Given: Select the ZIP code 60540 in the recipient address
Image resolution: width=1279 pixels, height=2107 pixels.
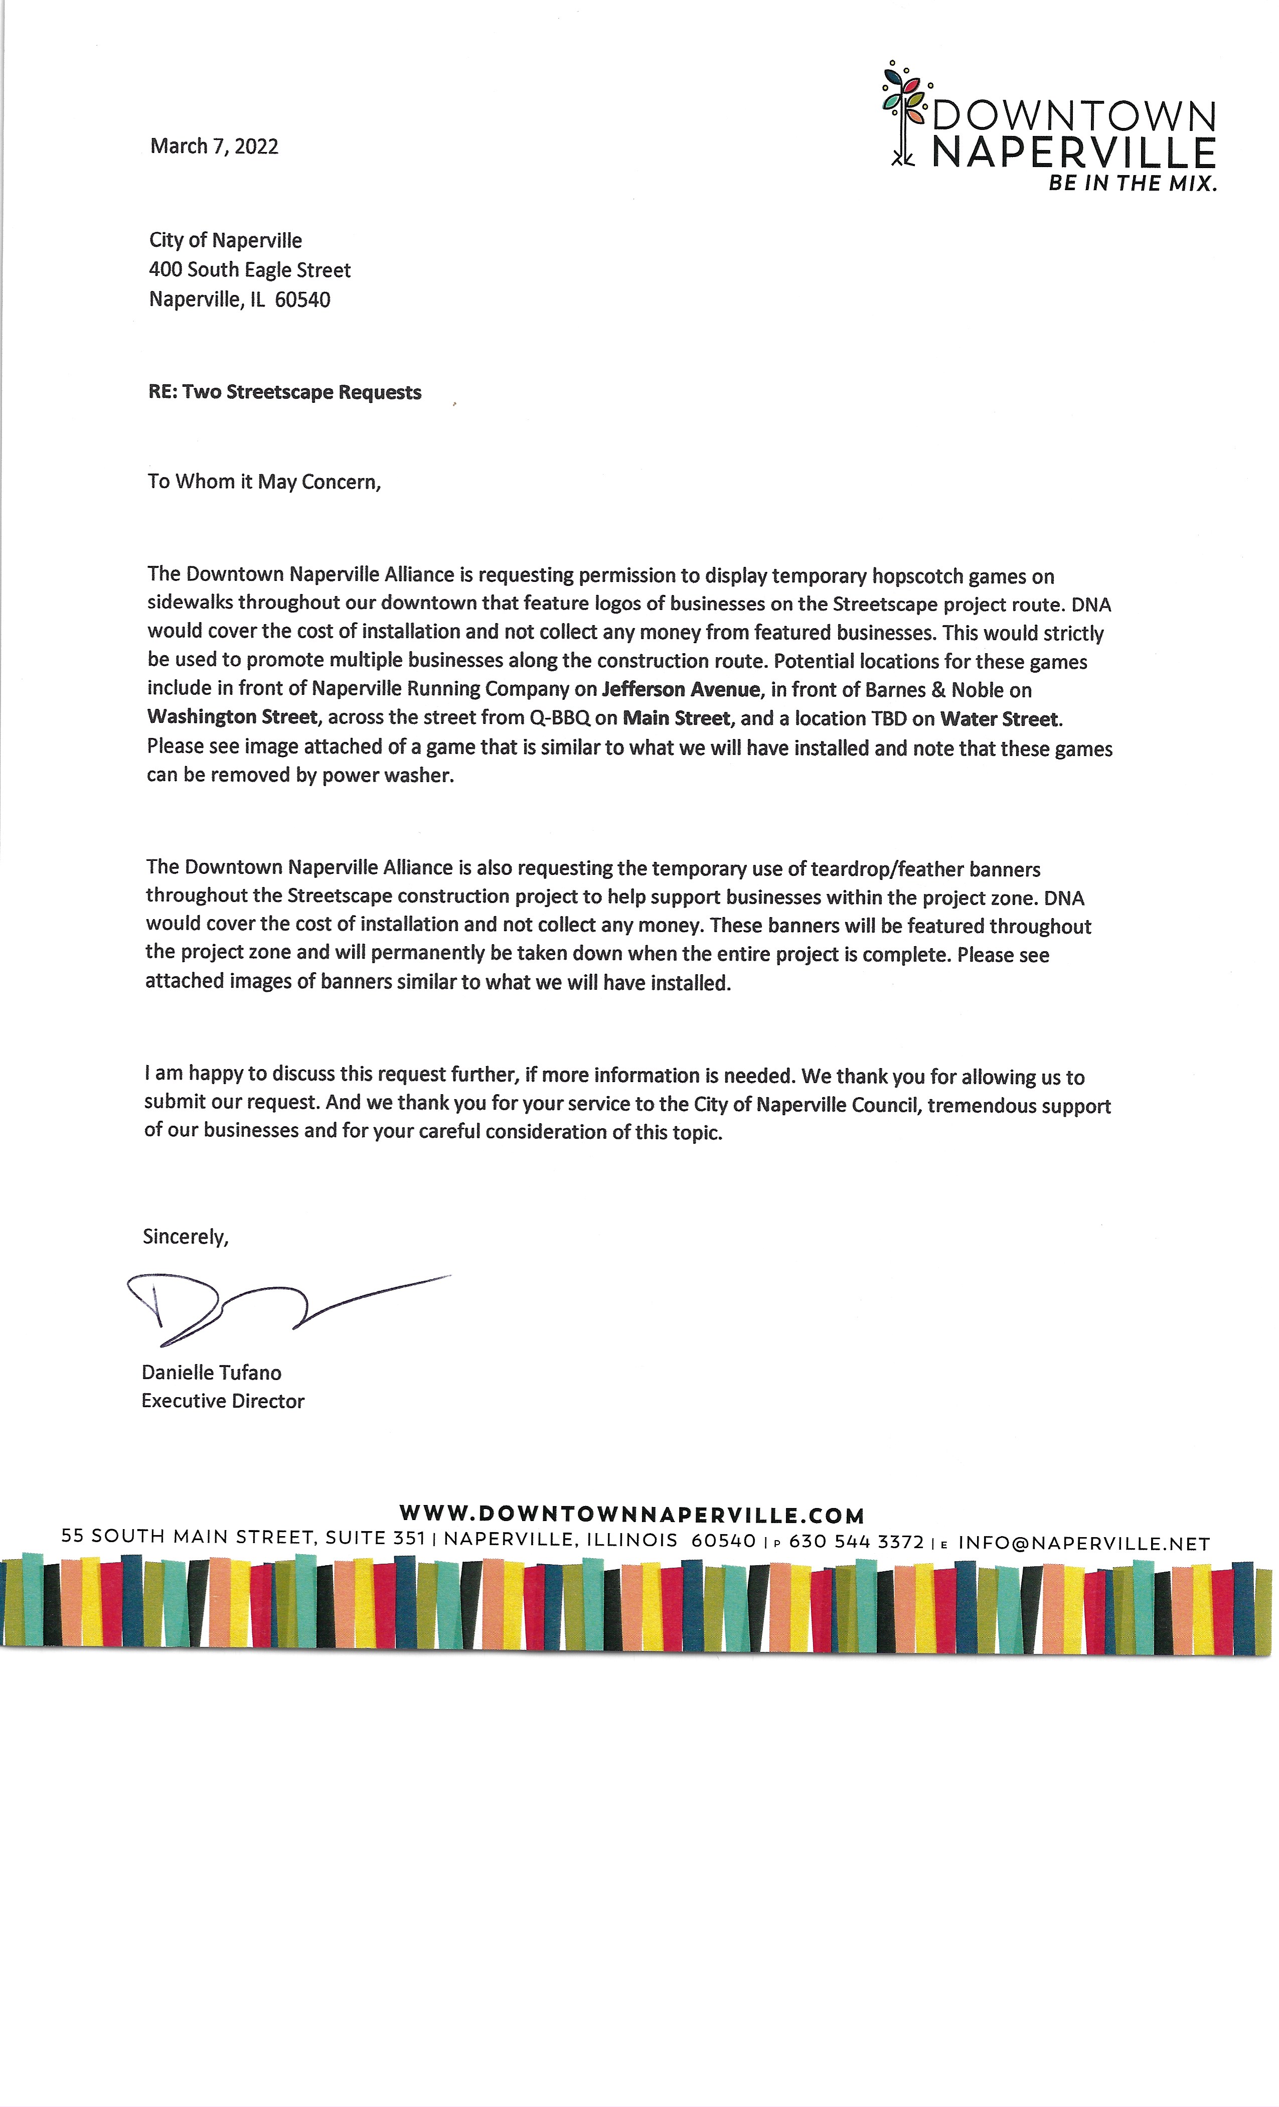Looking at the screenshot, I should (x=302, y=300).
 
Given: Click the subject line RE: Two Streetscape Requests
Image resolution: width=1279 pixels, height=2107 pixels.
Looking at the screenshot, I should (x=285, y=392).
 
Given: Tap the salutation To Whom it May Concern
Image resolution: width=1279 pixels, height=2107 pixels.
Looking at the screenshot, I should (x=263, y=482).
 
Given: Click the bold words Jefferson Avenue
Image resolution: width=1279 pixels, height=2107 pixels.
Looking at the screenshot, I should (x=681, y=689).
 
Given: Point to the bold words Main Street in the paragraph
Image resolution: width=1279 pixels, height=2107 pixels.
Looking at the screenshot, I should (x=676, y=718).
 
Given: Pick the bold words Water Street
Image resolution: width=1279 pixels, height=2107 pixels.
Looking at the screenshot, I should (x=999, y=719).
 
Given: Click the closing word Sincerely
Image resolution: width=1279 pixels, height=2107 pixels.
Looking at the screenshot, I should (x=186, y=1237).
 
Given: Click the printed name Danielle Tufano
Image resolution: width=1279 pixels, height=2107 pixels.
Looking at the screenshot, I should (x=211, y=1373).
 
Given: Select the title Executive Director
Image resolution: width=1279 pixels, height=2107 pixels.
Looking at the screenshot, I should (x=222, y=1401).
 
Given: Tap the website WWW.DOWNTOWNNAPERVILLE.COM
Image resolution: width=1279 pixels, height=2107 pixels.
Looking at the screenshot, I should (x=632, y=1515).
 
